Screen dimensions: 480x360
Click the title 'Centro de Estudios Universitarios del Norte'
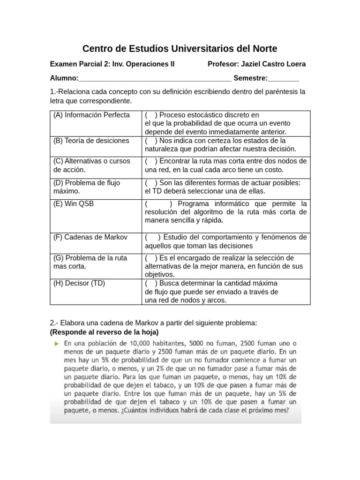click(x=180, y=49)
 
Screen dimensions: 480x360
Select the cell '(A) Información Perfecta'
click(x=91, y=115)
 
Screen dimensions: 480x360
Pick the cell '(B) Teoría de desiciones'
click(x=91, y=141)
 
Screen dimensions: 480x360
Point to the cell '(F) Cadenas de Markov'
click(x=90, y=237)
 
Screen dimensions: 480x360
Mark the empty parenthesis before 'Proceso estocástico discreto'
click(x=151, y=115)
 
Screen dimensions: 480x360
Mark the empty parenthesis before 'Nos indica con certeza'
click(x=151, y=141)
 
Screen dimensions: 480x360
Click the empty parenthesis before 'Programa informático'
click(x=159, y=204)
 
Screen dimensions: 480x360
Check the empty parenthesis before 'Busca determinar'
click(x=151, y=283)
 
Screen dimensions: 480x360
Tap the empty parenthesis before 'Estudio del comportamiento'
click(x=153, y=237)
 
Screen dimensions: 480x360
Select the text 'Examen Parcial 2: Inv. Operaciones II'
click(x=112, y=64)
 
